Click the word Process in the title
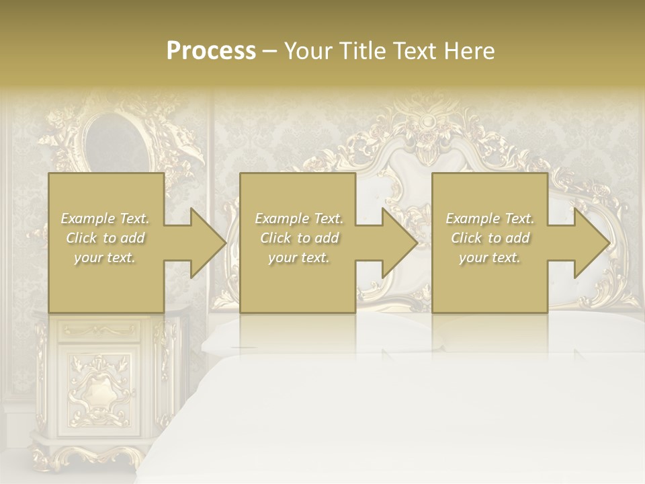click(211, 51)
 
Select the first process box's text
click(105, 238)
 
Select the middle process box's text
click(298, 238)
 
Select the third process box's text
click(490, 238)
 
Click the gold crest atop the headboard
click(427, 124)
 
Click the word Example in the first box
click(87, 218)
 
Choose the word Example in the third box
click(472, 218)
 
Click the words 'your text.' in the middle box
click(298, 257)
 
